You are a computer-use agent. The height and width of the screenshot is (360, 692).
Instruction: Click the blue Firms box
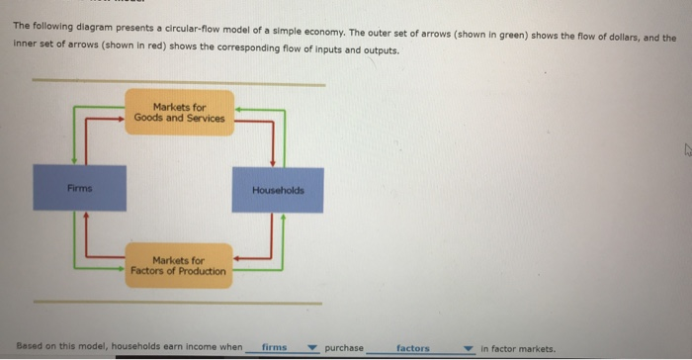pos(79,188)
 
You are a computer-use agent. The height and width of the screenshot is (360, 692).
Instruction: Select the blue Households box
pos(278,189)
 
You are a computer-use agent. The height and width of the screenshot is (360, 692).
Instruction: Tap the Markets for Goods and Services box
pos(179,113)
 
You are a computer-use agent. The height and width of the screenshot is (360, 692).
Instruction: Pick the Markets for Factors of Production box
pos(179,266)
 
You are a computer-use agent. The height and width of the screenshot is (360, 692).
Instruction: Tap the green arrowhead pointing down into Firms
pos(73,161)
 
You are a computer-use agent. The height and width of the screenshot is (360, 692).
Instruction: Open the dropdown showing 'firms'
pos(288,348)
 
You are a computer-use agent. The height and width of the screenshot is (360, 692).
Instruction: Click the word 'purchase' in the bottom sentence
pos(344,348)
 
